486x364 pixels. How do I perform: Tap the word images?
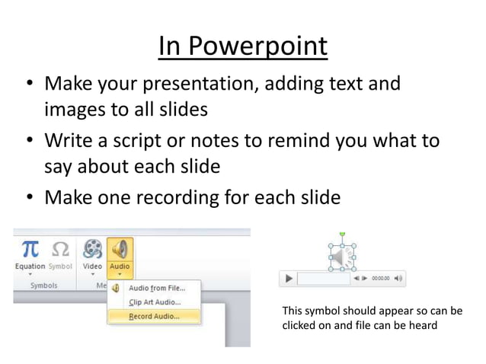tap(79, 109)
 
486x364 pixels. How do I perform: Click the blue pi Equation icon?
tap(30, 250)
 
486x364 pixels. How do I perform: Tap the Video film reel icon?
tap(92, 250)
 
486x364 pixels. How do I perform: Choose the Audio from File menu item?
tap(157, 287)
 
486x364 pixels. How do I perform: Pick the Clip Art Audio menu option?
tap(154, 302)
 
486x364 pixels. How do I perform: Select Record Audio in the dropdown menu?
tap(154, 315)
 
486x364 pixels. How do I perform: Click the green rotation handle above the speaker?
tap(342, 234)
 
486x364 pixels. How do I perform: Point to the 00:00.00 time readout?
tap(380, 279)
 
